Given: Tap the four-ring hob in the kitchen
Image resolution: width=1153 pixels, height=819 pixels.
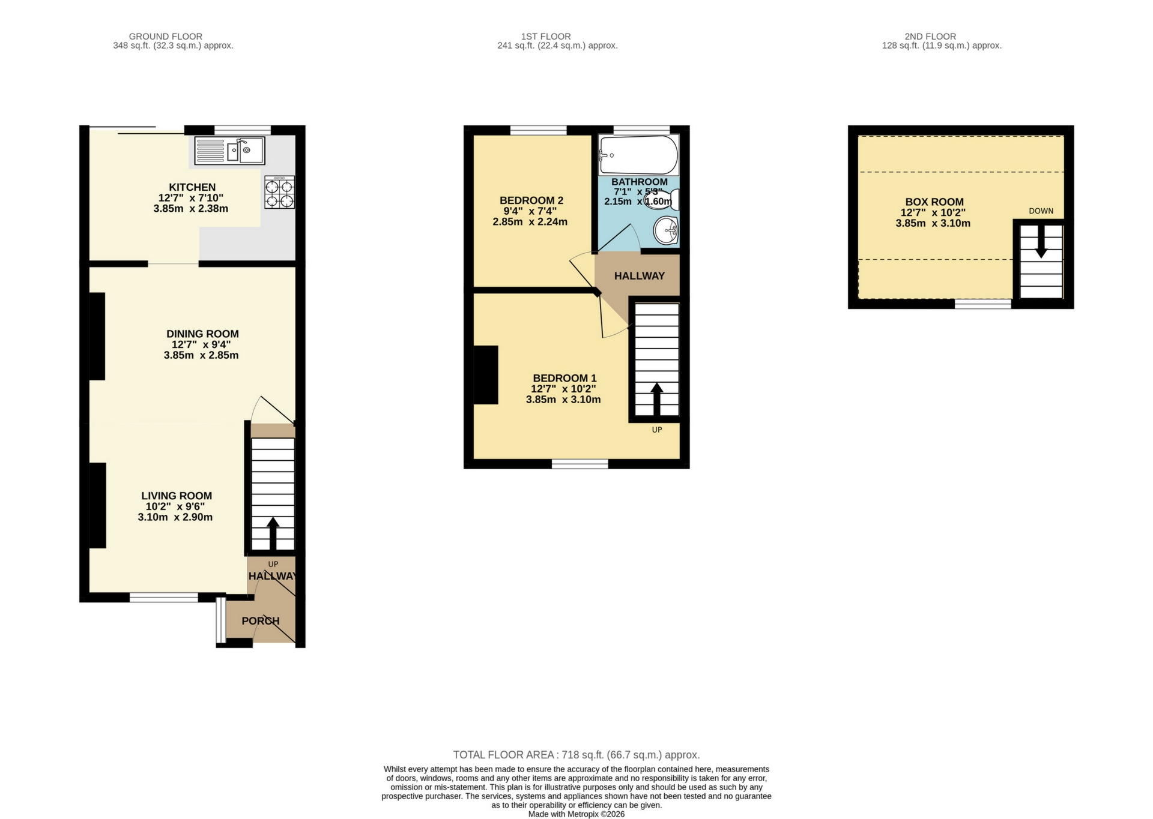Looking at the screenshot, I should point(280,192).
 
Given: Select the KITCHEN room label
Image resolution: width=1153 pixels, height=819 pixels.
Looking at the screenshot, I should point(192,187).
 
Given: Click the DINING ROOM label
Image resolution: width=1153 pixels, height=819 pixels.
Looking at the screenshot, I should point(202,334).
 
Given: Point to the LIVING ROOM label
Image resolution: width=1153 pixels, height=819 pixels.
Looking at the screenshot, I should point(177,496).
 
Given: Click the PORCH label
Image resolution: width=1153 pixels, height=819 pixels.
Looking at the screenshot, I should point(260,621).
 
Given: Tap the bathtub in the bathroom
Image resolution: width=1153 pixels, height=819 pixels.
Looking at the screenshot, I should point(638,155).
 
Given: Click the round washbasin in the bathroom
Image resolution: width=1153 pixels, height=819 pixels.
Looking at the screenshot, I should point(665,230).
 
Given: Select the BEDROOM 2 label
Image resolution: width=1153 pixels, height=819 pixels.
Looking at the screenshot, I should point(531,200).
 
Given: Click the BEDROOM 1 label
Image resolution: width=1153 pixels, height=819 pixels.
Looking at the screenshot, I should point(564,378).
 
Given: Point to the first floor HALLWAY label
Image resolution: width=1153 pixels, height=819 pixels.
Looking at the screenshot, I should point(639,276).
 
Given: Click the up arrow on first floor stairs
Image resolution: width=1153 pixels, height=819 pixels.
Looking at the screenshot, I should point(657,398).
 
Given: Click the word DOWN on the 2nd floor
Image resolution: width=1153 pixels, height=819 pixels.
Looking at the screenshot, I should point(1041,211).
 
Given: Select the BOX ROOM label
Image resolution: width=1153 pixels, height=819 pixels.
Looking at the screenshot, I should point(934,202).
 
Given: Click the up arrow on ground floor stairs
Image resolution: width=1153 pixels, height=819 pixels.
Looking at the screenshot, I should point(273,533).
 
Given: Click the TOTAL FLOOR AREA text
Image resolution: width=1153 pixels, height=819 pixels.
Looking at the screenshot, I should point(576,755).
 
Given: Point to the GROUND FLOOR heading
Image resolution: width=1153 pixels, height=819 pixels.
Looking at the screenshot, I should point(165,37).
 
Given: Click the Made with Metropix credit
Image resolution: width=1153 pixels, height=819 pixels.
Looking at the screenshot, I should point(576,814).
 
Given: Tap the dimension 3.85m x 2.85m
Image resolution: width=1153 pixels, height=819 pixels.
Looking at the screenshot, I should point(201,355).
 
